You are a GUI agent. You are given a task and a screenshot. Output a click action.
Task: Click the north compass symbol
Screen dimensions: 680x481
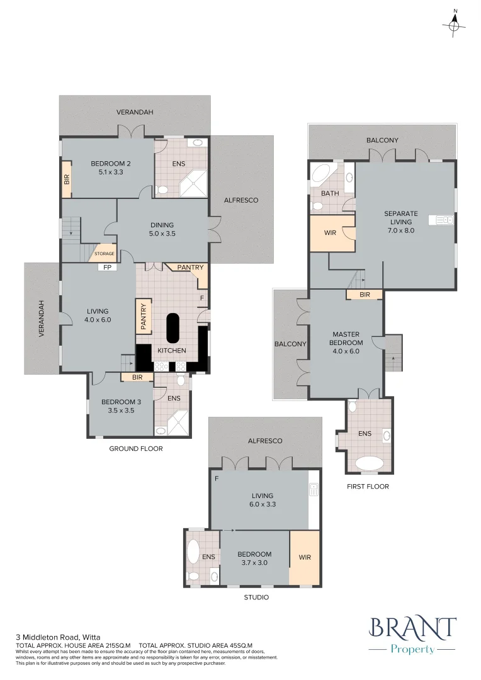(454, 25)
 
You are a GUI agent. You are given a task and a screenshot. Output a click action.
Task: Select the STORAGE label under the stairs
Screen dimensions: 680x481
(105, 254)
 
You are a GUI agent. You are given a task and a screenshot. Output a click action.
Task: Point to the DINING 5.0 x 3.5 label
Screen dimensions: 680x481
(161, 229)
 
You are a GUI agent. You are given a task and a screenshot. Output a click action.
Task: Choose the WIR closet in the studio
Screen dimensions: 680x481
(305, 558)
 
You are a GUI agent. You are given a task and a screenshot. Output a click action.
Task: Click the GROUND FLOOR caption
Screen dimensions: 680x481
(136, 449)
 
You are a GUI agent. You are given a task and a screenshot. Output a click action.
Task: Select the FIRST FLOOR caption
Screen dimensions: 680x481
(368, 487)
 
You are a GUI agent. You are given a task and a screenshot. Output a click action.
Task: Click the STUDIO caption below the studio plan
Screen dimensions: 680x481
(256, 597)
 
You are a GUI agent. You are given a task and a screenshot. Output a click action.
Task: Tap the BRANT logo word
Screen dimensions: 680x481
(412, 628)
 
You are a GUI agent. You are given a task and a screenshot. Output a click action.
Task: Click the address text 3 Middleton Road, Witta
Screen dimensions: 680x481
(58, 637)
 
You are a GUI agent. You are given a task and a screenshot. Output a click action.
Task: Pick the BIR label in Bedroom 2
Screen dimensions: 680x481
(66, 179)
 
